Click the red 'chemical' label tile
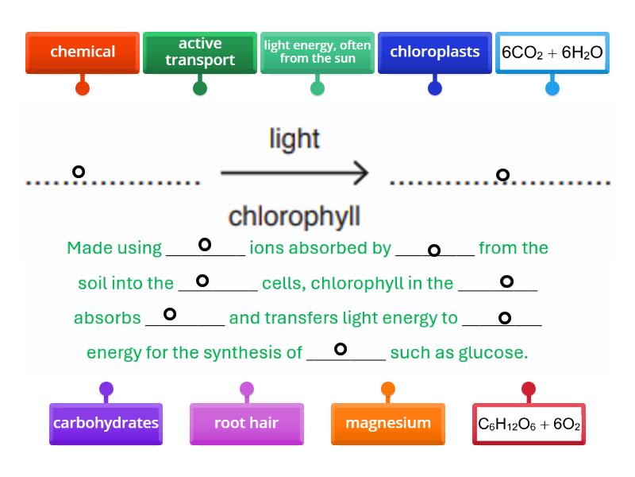pyautogui.click(x=83, y=52)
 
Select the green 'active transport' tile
pyautogui.click(x=200, y=52)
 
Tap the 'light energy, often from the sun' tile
pyautogui.click(x=317, y=52)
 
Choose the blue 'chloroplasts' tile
pyautogui.click(x=435, y=52)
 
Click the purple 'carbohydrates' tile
pyautogui.click(x=106, y=423)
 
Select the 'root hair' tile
pyautogui.click(x=246, y=423)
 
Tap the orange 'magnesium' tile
pyautogui.click(x=387, y=423)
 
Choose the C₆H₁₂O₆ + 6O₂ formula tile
pyautogui.click(x=529, y=424)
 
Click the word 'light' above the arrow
pyautogui.click(x=294, y=139)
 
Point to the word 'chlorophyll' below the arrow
pyautogui.click(x=294, y=215)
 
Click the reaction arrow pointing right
pyautogui.click(x=294, y=173)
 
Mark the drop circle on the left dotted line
pyautogui.click(x=79, y=172)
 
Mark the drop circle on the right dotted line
pyautogui.click(x=502, y=175)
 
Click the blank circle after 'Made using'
pyautogui.click(x=205, y=245)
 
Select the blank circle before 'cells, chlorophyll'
pyautogui.click(x=202, y=281)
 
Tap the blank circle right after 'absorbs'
pyautogui.click(x=169, y=314)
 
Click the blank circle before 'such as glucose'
pyautogui.click(x=341, y=349)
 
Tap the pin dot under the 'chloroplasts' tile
pyautogui.click(x=435, y=88)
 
